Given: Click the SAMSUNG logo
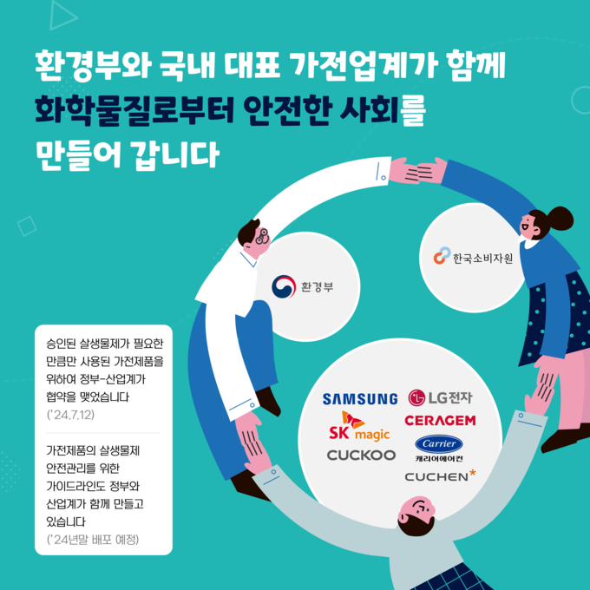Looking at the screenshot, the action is [x=360, y=399].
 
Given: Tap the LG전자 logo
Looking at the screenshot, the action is [x=440, y=397].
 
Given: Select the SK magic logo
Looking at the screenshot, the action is [x=359, y=426].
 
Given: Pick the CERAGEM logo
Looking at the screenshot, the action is [x=440, y=420].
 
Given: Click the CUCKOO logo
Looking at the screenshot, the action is [x=361, y=456].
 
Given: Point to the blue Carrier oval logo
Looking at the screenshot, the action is [x=439, y=444].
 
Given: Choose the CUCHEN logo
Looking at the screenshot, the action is [x=440, y=475].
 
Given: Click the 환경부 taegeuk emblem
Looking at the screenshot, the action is [x=284, y=286].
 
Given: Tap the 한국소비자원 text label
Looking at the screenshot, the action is [x=482, y=259].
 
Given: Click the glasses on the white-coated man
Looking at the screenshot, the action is [x=262, y=236].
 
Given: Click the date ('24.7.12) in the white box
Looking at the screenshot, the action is [x=70, y=415].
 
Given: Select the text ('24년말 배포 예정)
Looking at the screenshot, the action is [x=93, y=540].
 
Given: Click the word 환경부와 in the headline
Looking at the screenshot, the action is [x=93, y=66].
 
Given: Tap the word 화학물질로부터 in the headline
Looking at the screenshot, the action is [x=134, y=110].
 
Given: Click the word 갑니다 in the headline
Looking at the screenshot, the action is [x=175, y=154].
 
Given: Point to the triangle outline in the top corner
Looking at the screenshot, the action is [x=62, y=15].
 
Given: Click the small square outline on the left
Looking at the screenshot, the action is [x=27, y=226].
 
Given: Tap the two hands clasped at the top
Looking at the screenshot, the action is [x=417, y=171].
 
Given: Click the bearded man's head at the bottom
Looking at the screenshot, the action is [x=417, y=515].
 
